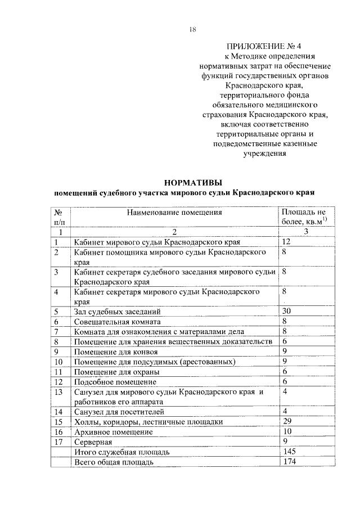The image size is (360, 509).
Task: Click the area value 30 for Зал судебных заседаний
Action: (x=287, y=311)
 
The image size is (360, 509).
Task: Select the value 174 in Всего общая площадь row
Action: (x=289, y=462)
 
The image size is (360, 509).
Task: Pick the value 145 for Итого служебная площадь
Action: (x=289, y=452)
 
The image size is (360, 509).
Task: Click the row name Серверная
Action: (x=92, y=442)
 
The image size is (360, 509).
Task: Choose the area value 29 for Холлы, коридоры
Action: (x=287, y=421)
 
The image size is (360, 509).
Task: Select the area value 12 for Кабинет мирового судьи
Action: (x=286, y=242)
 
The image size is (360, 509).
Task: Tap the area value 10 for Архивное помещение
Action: (x=287, y=431)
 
